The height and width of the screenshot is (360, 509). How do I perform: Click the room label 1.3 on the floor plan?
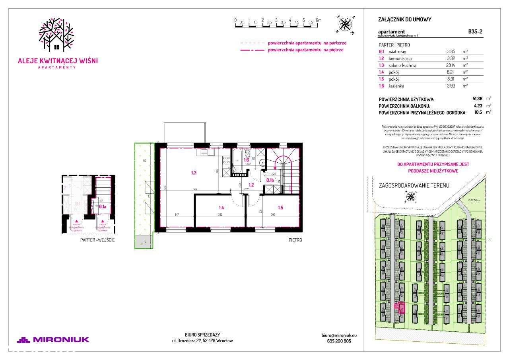coord(194,173)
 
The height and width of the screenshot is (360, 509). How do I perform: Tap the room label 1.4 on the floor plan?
coord(221,207)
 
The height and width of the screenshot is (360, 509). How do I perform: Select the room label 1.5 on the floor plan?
coord(281,207)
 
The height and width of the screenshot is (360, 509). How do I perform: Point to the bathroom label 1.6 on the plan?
coord(246,160)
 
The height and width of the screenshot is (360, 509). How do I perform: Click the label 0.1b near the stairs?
coord(269,180)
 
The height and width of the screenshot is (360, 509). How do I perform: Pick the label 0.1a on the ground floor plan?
coord(102,206)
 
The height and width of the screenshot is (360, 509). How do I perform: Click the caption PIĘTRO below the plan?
coord(295,240)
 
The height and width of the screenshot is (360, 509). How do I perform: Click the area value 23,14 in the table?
coord(452,65)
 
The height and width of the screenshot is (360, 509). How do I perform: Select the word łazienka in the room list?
coord(398,86)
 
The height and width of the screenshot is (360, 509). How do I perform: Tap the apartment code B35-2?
coord(476,32)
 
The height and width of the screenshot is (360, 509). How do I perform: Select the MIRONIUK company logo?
coord(53,340)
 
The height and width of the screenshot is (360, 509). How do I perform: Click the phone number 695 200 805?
coord(336,341)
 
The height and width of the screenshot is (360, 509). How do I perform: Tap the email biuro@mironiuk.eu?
coord(336,335)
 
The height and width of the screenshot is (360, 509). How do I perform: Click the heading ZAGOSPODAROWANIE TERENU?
coord(414,186)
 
